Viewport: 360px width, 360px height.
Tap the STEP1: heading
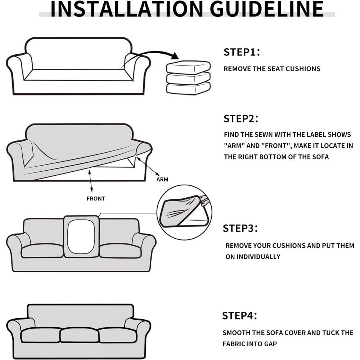click(242, 52)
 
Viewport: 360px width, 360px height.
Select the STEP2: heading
click(241, 119)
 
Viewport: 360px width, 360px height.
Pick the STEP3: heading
click(240, 228)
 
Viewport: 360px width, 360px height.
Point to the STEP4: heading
click(239, 316)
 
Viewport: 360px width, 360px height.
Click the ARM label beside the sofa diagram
click(162, 180)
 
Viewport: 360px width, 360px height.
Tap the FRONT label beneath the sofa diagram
click(96, 199)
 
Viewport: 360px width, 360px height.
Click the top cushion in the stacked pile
click(188, 67)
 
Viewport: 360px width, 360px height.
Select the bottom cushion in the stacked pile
click(188, 89)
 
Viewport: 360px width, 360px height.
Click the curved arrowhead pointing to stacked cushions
click(175, 56)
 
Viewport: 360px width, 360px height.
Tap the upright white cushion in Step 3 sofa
click(81, 237)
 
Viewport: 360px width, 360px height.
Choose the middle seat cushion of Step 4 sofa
click(80, 335)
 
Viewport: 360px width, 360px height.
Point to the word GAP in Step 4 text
click(271, 344)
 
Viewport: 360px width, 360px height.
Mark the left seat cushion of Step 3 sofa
click(42, 251)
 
